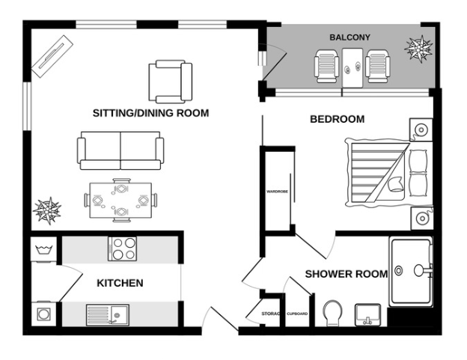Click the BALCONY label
350,37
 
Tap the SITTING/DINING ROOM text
150,113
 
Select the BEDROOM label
337,119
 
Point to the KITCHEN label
120,283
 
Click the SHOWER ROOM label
346,274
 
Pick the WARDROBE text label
278,192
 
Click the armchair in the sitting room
171,81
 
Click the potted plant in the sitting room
48,211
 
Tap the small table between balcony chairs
352,65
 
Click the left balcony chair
328,66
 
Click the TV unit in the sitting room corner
52,58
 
